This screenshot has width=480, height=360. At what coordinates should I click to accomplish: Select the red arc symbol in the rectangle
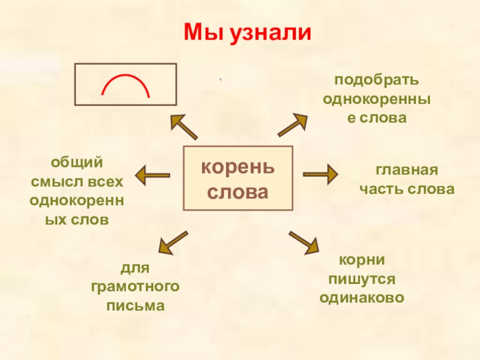click(125, 85)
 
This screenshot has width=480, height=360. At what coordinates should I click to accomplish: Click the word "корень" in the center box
click(238, 166)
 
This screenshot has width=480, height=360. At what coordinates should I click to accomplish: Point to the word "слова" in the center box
click(238, 193)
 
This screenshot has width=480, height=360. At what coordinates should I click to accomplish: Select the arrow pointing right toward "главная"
click(320, 175)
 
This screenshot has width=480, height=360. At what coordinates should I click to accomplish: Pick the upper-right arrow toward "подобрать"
click(292, 126)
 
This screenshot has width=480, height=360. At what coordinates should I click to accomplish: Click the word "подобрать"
click(368, 80)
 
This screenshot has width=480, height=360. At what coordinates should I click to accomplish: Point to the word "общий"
click(77, 162)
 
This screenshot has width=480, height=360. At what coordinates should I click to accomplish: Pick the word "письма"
click(135, 306)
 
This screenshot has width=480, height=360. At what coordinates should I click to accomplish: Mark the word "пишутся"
click(361, 280)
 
